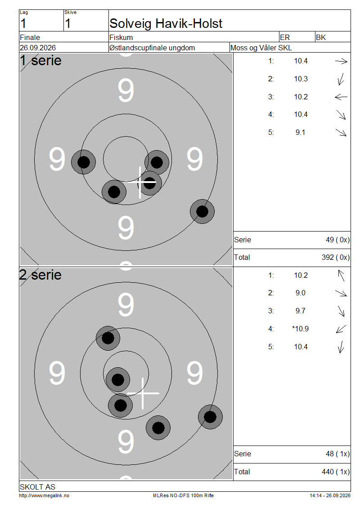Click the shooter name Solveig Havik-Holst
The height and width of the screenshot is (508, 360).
[166, 24]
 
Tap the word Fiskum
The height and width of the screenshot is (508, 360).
[121, 37]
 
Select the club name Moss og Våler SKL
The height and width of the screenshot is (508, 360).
[261, 48]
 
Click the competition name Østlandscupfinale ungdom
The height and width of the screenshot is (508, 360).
[152, 48]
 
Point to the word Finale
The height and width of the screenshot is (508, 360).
[30, 37]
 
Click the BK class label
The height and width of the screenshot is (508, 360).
[321, 37]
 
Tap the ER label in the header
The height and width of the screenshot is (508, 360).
[285, 37]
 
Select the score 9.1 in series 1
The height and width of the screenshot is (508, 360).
[300, 133]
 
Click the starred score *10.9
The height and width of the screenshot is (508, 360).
[300, 329]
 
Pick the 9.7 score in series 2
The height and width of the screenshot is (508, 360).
[300, 311]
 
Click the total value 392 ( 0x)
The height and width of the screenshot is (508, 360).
[336, 257]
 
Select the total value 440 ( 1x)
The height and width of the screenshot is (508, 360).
[336, 472]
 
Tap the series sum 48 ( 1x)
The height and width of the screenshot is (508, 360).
[337, 454]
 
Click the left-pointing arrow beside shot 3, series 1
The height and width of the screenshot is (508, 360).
[341, 97]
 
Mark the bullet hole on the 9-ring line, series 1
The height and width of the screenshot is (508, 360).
[202, 212]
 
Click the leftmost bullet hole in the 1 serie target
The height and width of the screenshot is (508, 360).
[83, 162]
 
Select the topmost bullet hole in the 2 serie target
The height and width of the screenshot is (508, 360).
[108, 338]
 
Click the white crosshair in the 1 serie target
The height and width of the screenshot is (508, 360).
[140, 183]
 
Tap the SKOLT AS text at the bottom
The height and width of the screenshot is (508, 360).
[38, 487]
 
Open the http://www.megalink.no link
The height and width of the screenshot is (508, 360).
[44, 496]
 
